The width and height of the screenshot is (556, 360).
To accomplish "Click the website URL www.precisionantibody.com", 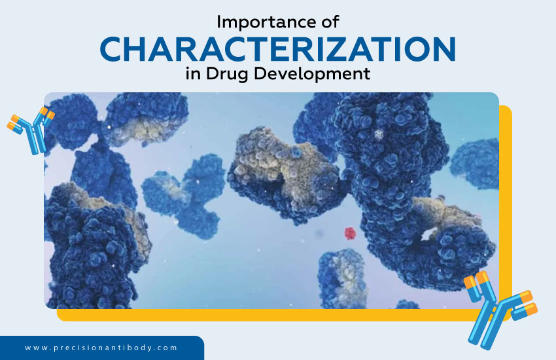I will pyautogui.click(x=101, y=348).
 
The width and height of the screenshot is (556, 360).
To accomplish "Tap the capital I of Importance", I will pyautogui.click(x=219, y=22).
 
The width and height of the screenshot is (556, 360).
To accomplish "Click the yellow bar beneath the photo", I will pyautogui.click(x=275, y=315).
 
